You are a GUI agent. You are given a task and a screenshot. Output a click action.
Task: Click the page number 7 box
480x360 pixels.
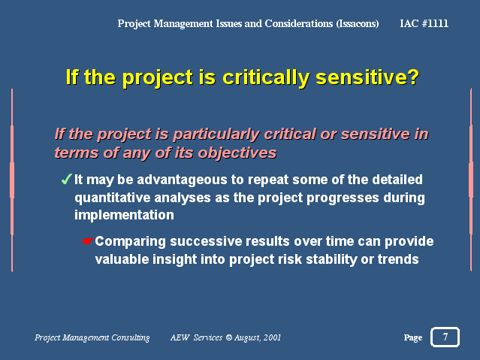coord(445,337)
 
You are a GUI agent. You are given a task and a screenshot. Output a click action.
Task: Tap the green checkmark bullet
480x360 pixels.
coord(66,179)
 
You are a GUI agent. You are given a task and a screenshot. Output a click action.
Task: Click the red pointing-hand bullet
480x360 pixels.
coord(88,241)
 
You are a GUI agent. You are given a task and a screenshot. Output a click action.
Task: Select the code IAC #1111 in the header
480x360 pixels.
coord(424,23)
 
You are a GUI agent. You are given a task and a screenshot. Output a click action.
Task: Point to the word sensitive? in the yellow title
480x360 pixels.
coord(367,77)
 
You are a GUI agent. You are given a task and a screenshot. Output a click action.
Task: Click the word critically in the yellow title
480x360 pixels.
coord(266,77)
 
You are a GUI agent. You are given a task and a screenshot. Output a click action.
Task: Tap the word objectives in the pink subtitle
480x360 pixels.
coord(237,153)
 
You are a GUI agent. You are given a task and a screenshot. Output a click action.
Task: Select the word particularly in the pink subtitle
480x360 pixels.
coord(216,135)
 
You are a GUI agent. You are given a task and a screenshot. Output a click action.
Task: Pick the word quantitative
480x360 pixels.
coord(113,198)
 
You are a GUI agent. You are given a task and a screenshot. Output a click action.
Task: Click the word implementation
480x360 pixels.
coord(124,216)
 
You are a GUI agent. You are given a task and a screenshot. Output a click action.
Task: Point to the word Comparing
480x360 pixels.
coord(131,242)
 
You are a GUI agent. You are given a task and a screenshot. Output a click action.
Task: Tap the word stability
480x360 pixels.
coord(331,259)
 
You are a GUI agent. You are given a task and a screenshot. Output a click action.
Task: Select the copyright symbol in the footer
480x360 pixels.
coord(228,337)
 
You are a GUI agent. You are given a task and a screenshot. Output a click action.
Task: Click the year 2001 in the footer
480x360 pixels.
coord(272,337)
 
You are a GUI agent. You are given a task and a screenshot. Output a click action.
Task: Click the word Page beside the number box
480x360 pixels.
coord(413,337)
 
